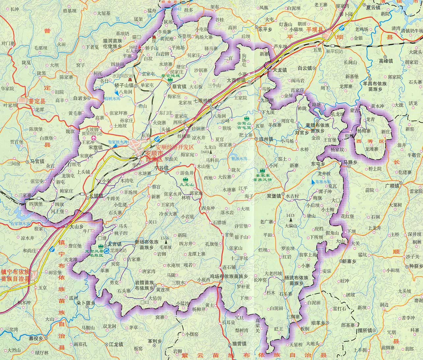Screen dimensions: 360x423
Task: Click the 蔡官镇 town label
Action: tap(179, 86)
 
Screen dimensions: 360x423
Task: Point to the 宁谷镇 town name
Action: tap(161, 168)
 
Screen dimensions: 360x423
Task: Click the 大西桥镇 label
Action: tap(236, 80)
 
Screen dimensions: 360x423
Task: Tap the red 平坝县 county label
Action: tap(315, 30)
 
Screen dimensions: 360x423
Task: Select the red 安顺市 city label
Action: tap(154, 154)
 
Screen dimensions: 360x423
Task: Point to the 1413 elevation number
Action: tap(290, 216)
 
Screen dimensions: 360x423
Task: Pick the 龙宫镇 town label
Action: tap(114, 244)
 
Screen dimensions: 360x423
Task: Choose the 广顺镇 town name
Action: tap(391, 186)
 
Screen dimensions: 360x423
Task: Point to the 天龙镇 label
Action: tap(280, 70)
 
